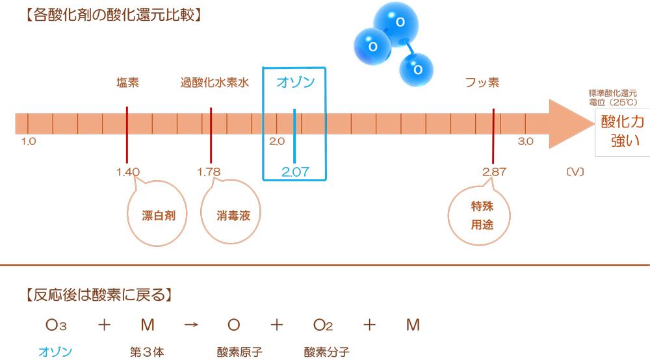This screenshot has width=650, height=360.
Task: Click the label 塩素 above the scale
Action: tap(127, 83)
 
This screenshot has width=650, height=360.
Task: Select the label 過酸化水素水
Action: tap(215, 83)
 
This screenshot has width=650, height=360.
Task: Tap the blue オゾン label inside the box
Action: tap(295, 83)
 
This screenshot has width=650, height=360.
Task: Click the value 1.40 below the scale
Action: tap(127, 172)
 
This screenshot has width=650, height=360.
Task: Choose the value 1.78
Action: tap(209, 172)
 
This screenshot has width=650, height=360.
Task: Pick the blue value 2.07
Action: tap(295, 172)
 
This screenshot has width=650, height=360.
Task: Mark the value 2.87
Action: tap(494, 172)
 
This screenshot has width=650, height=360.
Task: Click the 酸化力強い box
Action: tap(621, 133)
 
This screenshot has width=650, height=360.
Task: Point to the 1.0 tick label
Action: tap(28, 141)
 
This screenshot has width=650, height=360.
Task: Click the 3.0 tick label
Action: tap(526, 141)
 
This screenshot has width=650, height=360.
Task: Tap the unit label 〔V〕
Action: tap(575, 172)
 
